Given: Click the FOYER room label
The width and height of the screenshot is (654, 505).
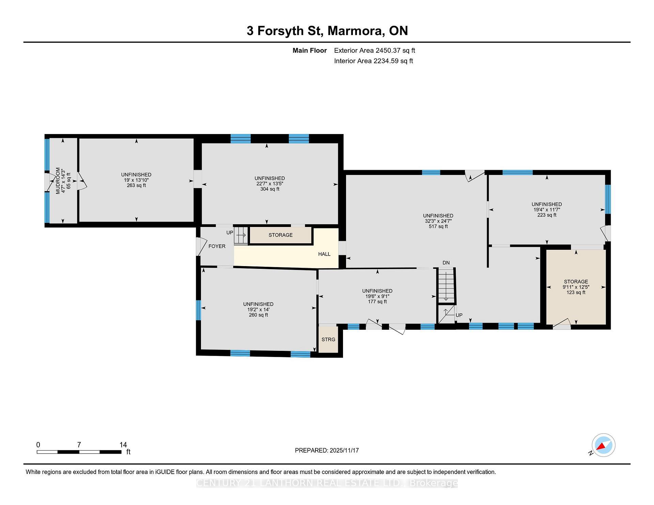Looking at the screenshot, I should pyautogui.click(x=217, y=246).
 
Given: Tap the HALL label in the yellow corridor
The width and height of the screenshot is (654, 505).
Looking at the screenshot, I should pyautogui.click(x=324, y=254).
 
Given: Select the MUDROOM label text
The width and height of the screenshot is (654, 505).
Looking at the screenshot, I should pyautogui.click(x=58, y=181).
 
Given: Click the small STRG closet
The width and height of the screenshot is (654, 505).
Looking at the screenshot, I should pyautogui.click(x=328, y=339).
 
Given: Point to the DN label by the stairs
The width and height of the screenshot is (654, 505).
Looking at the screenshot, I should pyautogui.click(x=446, y=263).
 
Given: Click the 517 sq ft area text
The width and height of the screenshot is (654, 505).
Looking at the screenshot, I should pyautogui.click(x=438, y=226).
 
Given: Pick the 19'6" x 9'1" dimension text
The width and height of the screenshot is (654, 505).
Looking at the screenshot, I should pyautogui.click(x=377, y=296).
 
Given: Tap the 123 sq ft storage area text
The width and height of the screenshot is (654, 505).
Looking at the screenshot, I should pyautogui.click(x=576, y=292).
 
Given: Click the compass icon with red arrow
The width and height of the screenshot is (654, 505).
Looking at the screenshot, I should pyautogui.click(x=603, y=445).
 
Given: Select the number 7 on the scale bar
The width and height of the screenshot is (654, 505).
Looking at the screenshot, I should pyautogui.click(x=79, y=445).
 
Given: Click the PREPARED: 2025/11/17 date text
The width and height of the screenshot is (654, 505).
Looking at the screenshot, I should pyautogui.click(x=327, y=450).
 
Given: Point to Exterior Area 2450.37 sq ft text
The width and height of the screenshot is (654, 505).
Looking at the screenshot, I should pyautogui.click(x=374, y=50).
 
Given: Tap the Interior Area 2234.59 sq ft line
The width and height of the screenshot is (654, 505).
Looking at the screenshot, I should pyautogui.click(x=373, y=61).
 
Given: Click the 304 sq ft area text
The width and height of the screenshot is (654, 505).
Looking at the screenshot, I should pyautogui.click(x=269, y=189).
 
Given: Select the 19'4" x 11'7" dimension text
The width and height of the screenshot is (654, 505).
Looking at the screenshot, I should pyautogui.click(x=547, y=210).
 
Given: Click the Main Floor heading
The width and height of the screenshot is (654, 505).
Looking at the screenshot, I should pyautogui.click(x=309, y=50).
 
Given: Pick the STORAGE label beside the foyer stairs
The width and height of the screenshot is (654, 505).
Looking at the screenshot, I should pyautogui.click(x=280, y=235).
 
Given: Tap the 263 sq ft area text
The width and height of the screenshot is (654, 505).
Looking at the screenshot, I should pyautogui.click(x=136, y=185).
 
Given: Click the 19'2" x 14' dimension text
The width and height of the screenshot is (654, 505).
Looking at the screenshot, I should pyautogui.click(x=258, y=309).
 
